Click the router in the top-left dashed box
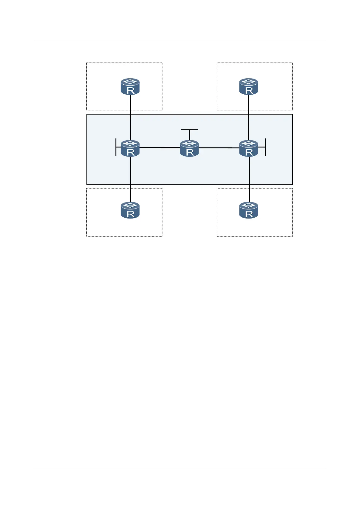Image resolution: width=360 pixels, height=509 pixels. pyautogui.click(x=130, y=87)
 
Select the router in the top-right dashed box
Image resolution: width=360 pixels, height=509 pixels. pyautogui.click(x=249, y=87)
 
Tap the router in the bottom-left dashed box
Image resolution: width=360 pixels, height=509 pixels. pyautogui.click(x=130, y=210)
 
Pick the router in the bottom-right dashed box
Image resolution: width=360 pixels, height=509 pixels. pyautogui.click(x=249, y=210)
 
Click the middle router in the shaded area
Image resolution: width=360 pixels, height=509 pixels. pyautogui.click(x=190, y=148)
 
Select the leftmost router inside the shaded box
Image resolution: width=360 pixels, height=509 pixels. pyautogui.click(x=130, y=148)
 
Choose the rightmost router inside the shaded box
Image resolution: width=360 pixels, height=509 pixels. pyautogui.click(x=249, y=148)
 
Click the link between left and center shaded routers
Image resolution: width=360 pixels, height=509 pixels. pyautogui.click(x=160, y=148)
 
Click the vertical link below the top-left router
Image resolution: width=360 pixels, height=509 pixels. pyautogui.click(x=131, y=118)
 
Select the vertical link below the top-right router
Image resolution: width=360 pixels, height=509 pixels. pyautogui.click(x=249, y=118)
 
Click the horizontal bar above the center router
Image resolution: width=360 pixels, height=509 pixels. pyautogui.click(x=190, y=130)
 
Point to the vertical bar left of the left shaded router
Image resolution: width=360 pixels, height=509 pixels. pyautogui.click(x=116, y=147)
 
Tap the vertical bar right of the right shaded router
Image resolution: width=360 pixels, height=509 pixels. pyautogui.click(x=265, y=147)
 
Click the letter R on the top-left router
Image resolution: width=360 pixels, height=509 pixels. pyautogui.click(x=131, y=90)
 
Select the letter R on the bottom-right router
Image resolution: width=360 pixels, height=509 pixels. pyautogui.click(x=249, y=214)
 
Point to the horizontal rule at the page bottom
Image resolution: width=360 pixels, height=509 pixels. pyautogui.click(x=180, y=468)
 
